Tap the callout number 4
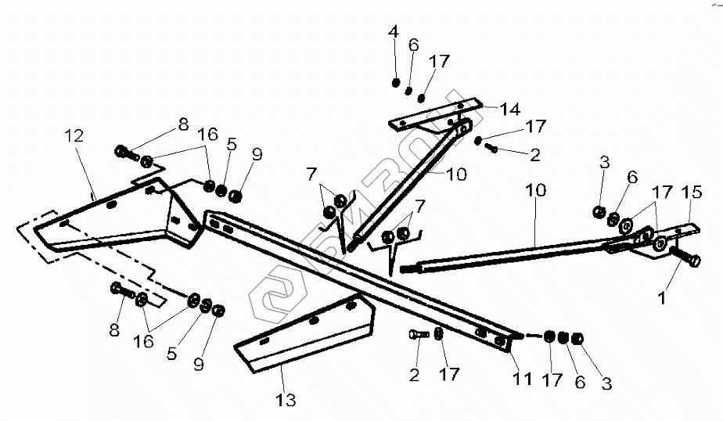(394, 32)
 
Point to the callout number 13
(286, 401)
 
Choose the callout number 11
(522, 380)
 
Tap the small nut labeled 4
(396, 83)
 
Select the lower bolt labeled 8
(120, 290)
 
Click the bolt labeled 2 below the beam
(416, 335)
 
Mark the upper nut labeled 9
(236, 194)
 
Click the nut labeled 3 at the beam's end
(577, 339)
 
